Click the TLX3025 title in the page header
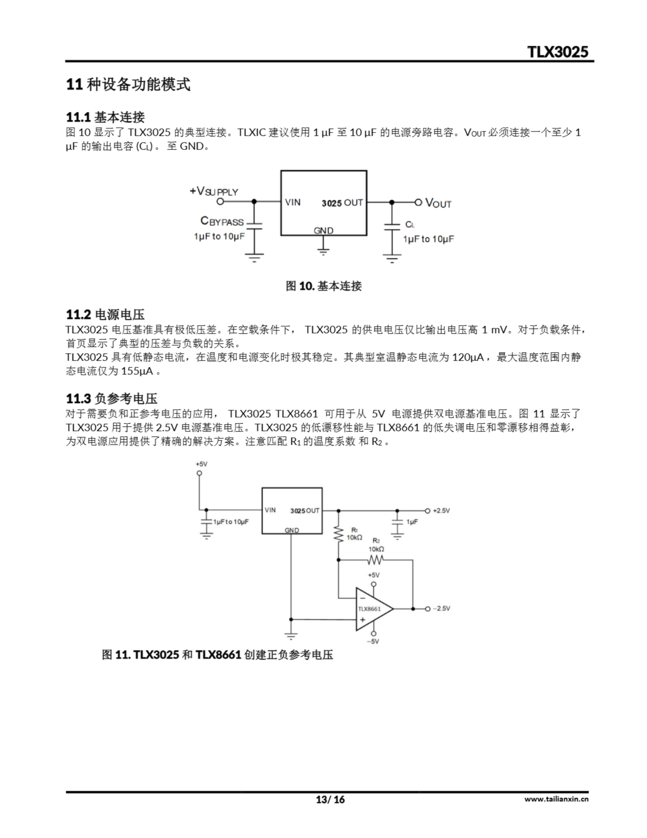pos(558,51)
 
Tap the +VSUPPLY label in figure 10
pos(214,191)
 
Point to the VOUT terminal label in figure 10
pos(438,203)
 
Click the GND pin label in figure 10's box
pos(323,230)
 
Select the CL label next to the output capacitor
pos(410,225)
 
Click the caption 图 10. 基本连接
pos(323,286)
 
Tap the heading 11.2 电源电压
pos(105,314)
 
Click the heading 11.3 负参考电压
pos(112,398)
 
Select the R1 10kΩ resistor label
pos(354,535)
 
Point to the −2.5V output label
pos(442,609)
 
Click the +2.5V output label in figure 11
pos(442,511)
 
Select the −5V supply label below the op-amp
pos(373,641)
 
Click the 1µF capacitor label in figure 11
pos(412,522)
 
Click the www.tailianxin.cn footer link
pos(556,799)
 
